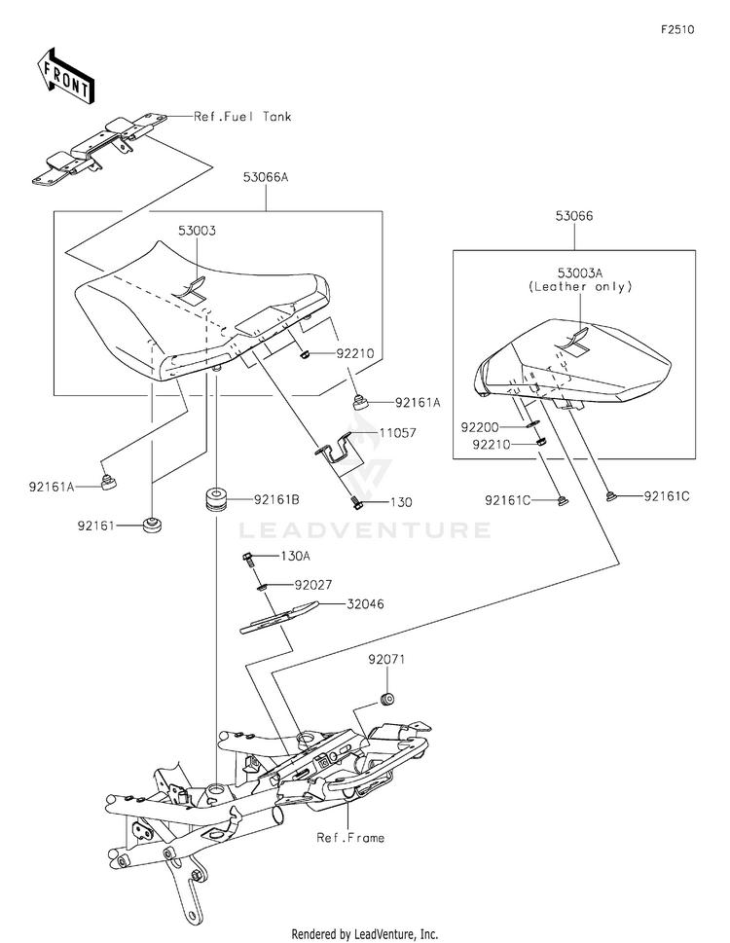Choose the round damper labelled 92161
click(x=151, y=526)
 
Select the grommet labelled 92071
click(x=386, y=697)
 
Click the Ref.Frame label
click(x=350, y=837)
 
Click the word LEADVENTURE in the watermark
click(x=365, y=530)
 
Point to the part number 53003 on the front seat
click(x=197, y=231)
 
